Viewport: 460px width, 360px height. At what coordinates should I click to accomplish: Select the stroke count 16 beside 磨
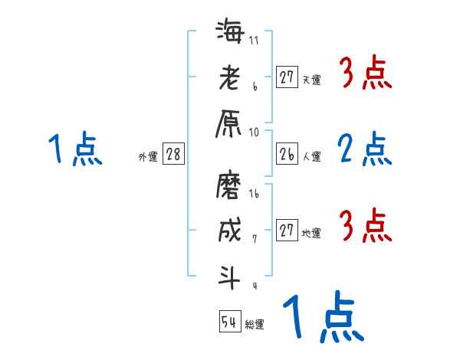point(255,195)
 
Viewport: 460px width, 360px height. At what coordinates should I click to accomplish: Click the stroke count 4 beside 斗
point(254,286)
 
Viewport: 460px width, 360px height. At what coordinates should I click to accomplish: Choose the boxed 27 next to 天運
point(287,77)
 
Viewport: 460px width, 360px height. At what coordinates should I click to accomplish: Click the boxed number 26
point(287,154)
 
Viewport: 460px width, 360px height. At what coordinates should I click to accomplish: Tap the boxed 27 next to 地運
point(287,231)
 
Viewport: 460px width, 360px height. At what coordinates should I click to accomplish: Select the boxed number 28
point(173,154)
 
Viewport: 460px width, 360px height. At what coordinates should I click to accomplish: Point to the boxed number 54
point(229,322)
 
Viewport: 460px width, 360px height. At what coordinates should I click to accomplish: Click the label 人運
point(311,157)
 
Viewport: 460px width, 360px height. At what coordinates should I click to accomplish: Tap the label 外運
point(147,157)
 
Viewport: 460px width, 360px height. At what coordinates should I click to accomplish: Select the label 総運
point(254,325)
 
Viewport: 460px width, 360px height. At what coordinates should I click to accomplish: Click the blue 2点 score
point(365,149)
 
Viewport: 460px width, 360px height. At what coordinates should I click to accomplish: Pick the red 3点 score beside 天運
point(365,74)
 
